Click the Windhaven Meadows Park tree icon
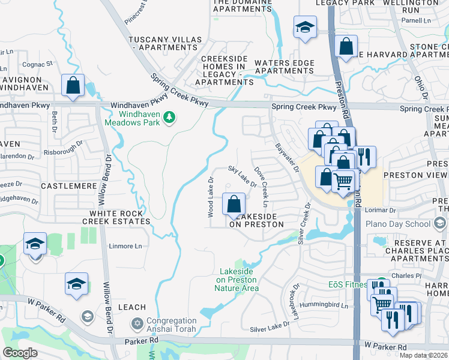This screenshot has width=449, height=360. click(x=170, y=116)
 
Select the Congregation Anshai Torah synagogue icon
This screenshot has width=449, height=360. click(x=137, y=324)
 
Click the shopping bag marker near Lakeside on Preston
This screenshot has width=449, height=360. click(x=234, y=203)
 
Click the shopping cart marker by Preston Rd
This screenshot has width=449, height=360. click(x=342, y=180)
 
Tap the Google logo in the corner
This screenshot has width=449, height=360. click(x=20, y=352)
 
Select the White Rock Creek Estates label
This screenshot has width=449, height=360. click(x=116, y=217)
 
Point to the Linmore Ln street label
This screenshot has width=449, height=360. click(x=125, y=246)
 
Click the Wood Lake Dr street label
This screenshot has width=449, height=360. click(x=211, y=197)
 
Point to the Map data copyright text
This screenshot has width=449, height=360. click(x=424, y=355)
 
